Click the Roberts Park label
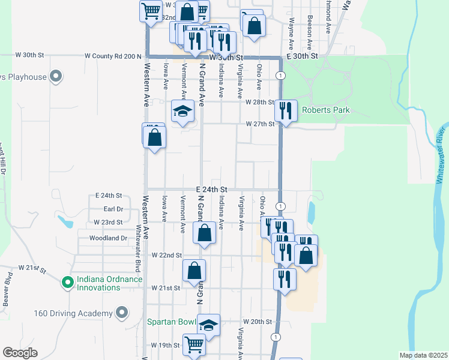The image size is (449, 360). pos(325,110)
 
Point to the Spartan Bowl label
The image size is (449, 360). pos(172,322)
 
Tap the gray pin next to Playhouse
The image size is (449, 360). pos(56,77)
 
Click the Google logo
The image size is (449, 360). pos(20,353)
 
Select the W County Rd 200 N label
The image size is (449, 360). pos(113,56)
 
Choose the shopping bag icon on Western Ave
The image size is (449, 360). pos(155,136)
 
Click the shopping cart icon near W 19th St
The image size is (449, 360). pos(194,345)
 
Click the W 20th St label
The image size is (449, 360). pos(257,322)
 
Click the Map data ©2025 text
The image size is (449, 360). pos(423,355)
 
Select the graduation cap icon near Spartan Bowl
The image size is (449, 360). pos(208,325)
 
